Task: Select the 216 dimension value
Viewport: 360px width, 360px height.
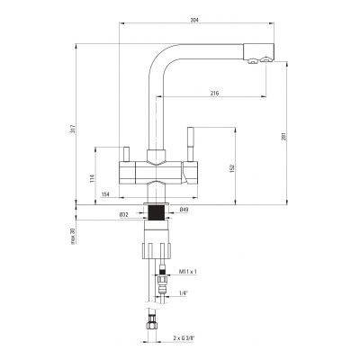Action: pos(213,93)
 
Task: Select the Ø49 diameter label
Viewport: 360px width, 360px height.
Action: pos(184,212)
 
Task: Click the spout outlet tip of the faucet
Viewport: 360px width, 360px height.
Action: pos(256,60)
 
